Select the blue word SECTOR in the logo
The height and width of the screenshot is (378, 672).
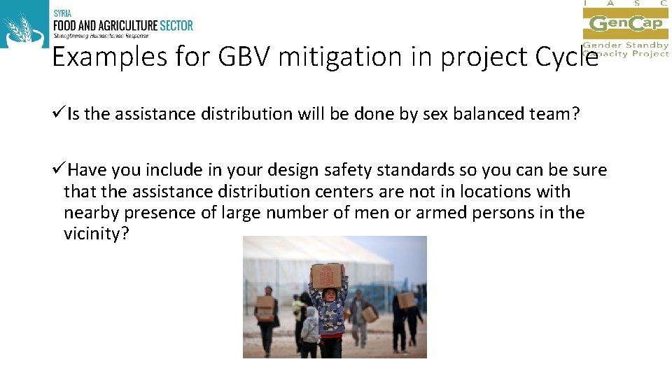[175, 26]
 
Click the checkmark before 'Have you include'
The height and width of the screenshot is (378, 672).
[59, 170]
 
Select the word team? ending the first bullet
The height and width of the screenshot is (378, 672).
[556, 114]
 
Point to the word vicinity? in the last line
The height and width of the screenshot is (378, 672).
[97, 233]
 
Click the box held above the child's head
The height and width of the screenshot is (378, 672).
[327, 274]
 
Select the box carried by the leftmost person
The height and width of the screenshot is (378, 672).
[265, 304]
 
